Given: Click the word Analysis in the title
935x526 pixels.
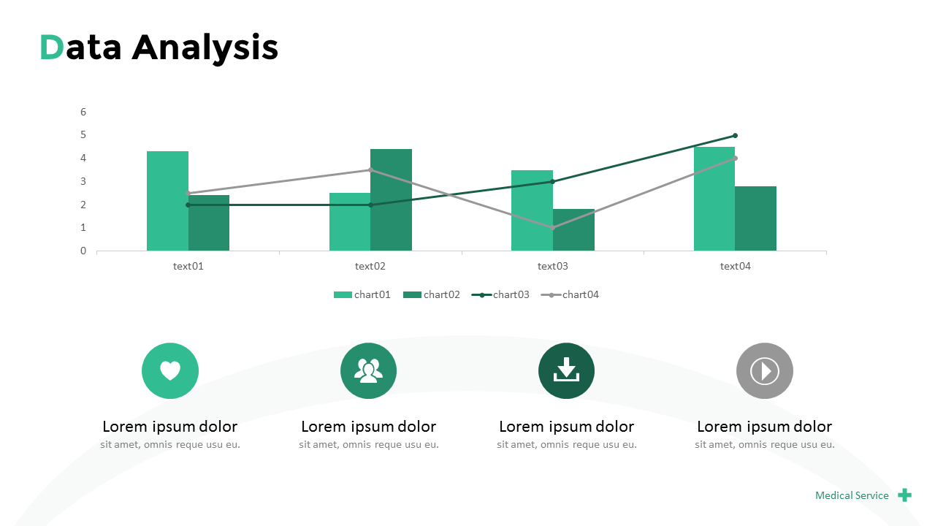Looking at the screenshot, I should tap(205, 48).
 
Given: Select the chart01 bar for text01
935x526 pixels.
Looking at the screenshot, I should tap(167, 201).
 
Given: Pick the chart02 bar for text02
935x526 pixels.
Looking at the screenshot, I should tap(391, 199).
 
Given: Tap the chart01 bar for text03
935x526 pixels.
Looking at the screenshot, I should tap(532, 210).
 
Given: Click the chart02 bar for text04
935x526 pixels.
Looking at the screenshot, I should tap(755, 218).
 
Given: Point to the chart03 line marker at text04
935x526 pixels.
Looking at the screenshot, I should tap(735, 135).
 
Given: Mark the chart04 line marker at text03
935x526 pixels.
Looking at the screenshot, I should tap(552, 228).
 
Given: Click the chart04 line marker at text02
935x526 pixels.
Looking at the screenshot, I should tap(370, 169).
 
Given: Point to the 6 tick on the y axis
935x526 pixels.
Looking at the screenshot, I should tap(83, 112).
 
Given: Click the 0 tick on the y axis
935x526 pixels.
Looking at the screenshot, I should tap(83, 251).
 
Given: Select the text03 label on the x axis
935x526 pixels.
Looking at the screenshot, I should tap(552, 266).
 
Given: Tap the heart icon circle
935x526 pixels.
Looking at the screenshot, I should tap(170, 371).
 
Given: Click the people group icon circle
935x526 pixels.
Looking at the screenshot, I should tap(368, 371).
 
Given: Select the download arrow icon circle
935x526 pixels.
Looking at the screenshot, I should tap(566, 371).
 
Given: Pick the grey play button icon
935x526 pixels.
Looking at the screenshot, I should tap(764, 371).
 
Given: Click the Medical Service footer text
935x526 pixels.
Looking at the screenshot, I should tap(852, 495).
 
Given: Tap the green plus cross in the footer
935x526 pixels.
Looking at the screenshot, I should tap(904, 495).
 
